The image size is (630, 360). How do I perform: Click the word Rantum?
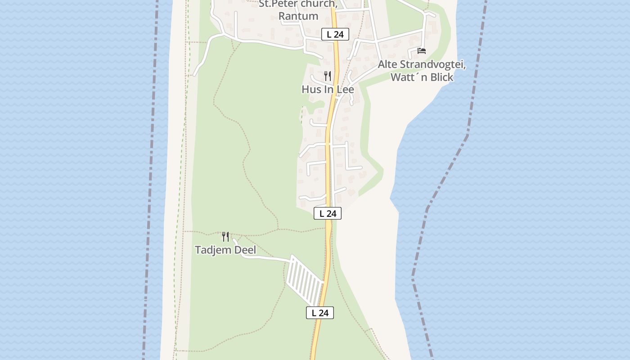pyautogui.click(x=298, y=16)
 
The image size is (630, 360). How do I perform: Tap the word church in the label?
pyautogui.click(x=315, y=4)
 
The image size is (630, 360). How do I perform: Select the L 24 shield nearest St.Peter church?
pyautogui.click(x=335, y=34)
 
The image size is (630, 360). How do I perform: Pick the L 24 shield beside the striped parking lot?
pyautogui.click(x=320, y=313)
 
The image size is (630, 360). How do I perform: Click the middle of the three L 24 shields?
pyautogui.click(x=328, y=214)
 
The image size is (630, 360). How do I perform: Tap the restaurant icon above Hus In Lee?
pyautogui.click(x=328, y=76)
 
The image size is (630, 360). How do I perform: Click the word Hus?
pyautogui.click(x=311, y=90)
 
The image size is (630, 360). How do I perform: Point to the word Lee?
pyautogui.click(x=345, y=90)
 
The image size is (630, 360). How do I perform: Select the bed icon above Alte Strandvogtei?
pyautogui.click(x=422, y=50)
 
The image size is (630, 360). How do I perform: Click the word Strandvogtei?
pyautogui.click(x=432, y=65)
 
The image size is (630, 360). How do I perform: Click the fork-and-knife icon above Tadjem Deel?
pyautogui.click(x=225, y=236)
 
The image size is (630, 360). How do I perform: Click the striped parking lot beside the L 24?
pyautogui.click(x=305, y=279)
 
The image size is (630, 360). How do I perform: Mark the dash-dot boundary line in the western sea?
pyautogui.click(x=152, y=180)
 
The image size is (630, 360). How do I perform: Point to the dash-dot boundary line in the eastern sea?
pyautogui.click(x=468, y=135)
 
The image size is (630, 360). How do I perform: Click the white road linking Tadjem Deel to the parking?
pyautogui.click(x=265, y=258)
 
